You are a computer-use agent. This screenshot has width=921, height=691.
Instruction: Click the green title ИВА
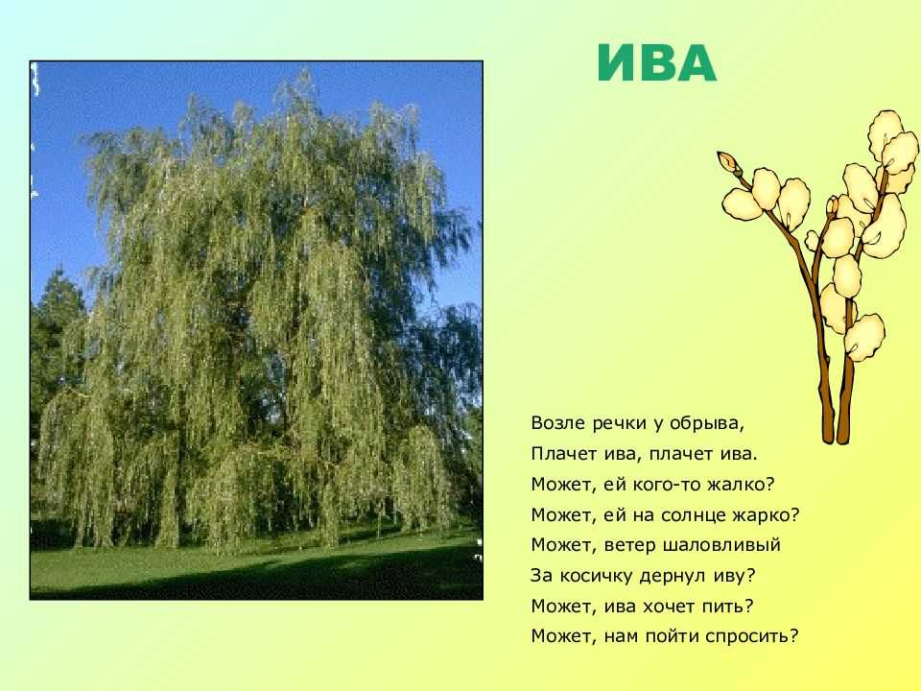tap(656, 63)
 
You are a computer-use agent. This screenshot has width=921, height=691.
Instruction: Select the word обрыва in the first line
tap(713, 423)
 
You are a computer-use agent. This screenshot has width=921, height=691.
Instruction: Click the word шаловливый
tap(721, 545)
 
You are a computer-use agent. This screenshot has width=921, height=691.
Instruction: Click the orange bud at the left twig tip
tap(726, 161)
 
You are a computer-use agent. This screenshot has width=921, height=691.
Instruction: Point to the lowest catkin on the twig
tap(864, 337)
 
